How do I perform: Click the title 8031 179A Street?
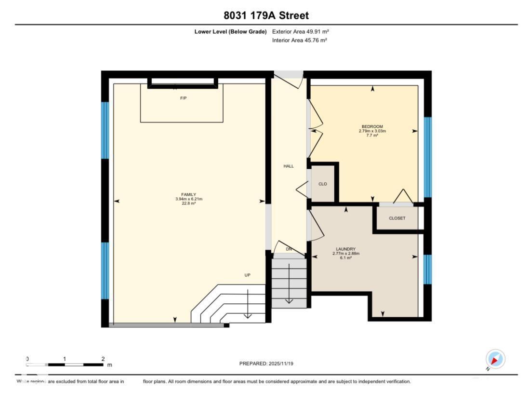click(x=266, y=15)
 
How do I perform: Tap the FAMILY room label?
click(x=188, y=194)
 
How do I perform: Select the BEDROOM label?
click(x=372, y=126)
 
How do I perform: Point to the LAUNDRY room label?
click(x=345, y=249)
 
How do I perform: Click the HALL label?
click(x=288, y=166)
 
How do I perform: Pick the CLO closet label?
click(x=323, y=184)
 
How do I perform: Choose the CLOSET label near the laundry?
click(x=397, y=218)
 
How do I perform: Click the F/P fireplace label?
click(x=183, y=98)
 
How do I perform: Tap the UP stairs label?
click(x=248, y=275)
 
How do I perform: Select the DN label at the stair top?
click(x=289, y=249)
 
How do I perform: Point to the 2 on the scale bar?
click(x=103, y=359)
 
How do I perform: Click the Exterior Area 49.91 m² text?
click(x=301, y=32)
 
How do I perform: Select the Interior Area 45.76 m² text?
click(x=300, y=41)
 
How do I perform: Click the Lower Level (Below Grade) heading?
click(x=230, y=32)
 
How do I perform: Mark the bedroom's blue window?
click(x=427, y=157)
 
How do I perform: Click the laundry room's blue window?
click(x=427, y=269)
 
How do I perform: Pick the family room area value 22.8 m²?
click(x=188, y=203)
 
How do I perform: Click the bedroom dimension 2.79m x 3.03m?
click(x=372, y=131)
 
